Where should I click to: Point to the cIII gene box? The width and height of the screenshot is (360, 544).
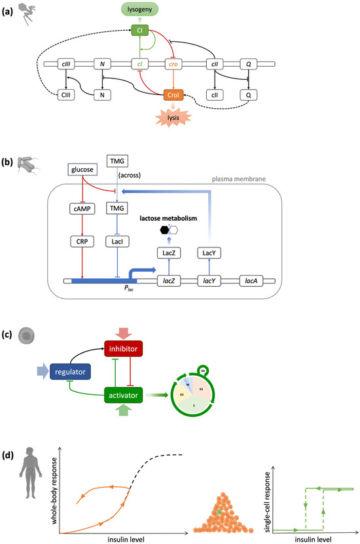[65, 64]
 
